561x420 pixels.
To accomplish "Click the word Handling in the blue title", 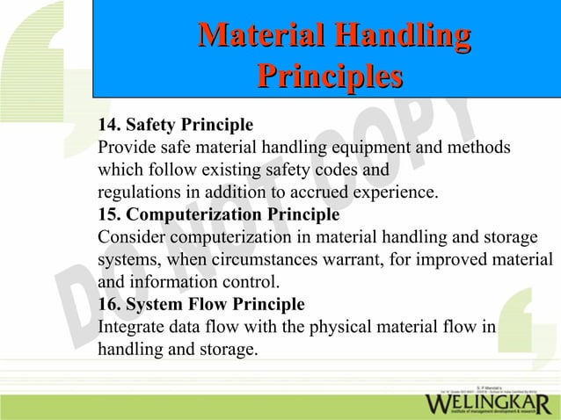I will click(x=398, y=37).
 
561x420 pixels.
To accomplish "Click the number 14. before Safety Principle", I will click(x=112, y=124).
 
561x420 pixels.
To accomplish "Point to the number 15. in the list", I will click(x=112, y=215).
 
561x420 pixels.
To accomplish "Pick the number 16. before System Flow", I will click(x=112, y=305).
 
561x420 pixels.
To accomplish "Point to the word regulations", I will click(x=136, y=192).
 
